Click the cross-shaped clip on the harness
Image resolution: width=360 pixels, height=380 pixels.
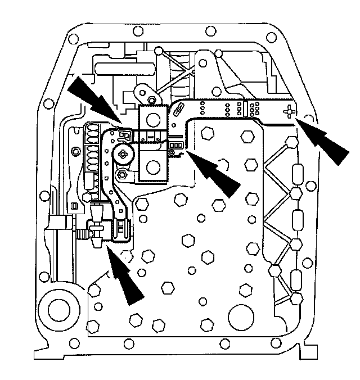(289, 111)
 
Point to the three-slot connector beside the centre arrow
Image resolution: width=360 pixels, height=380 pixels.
(175, 145)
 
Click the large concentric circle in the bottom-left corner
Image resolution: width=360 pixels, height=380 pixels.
(58, 307)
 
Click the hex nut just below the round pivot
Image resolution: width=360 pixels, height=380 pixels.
(121, 174)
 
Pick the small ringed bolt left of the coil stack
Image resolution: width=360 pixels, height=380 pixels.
(76, 152)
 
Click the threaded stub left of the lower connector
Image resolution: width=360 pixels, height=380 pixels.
(85, 229)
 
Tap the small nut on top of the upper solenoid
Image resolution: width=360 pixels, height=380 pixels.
(152, 101)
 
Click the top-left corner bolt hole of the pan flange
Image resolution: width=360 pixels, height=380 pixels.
(73, 39)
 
